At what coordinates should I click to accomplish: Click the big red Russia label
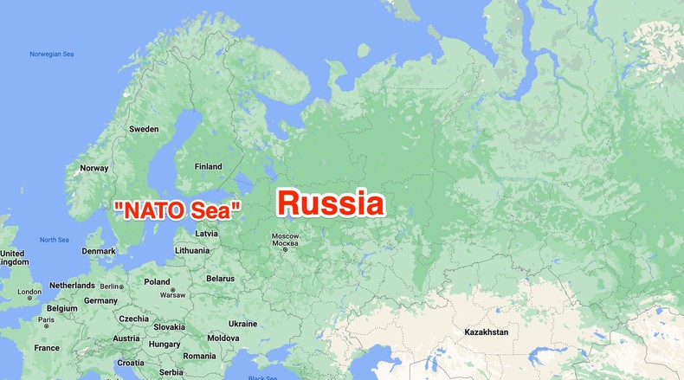click(330, 204)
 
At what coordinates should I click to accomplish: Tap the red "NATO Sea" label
click(177, 209)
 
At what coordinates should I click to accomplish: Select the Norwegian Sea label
click(52, 54)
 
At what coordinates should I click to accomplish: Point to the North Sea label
click(55, 240)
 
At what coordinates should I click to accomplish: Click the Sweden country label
click(144, 129)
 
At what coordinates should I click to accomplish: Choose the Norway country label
click(94, 168)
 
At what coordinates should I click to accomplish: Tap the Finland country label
click(208, 166)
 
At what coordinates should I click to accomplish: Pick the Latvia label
click(206, 234)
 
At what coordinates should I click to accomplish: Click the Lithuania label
click(192, 250)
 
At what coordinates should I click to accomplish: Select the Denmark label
click(99, 251)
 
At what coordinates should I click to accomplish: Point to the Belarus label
click(220, 278)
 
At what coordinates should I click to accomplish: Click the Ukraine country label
click(242, 324)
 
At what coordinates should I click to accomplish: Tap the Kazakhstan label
click(486, 332)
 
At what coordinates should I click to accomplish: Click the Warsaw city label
click(173, 294)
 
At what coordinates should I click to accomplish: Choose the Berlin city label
click(112, 286)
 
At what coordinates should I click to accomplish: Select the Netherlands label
click(72, 286)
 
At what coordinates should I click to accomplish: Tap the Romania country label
click(199, 356)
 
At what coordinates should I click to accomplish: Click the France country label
click(47, 348)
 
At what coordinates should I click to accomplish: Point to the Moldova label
click(223, 338)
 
